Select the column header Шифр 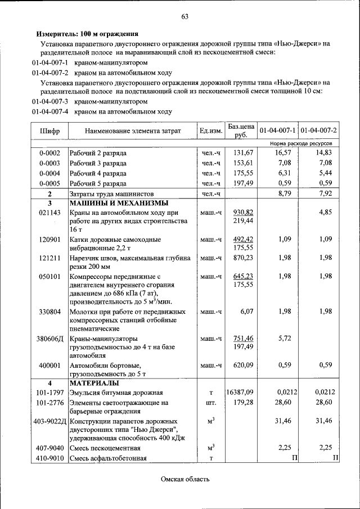point(49,131)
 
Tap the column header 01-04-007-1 point(278,131)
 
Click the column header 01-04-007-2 point(319,131)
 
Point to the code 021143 point(49,213)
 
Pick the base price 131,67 point(244,153)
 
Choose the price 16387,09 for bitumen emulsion point(241,393)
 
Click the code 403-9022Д point(50,421)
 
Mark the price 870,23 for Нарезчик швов point(244,258)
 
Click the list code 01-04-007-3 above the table point(50,102)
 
